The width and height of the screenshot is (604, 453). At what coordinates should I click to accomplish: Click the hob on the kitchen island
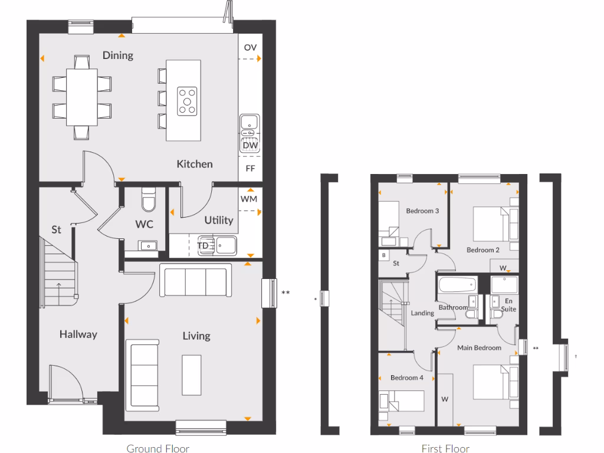pos(188,100)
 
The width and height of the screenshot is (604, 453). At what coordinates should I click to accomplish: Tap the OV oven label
pos(250,48)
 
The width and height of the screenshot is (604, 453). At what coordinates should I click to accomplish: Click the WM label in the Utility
pos(250,199)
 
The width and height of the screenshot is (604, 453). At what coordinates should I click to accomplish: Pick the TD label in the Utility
pos(203,245)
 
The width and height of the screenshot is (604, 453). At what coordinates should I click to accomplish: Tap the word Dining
pos(118,55)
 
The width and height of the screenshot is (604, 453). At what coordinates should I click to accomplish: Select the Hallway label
pos(78,334)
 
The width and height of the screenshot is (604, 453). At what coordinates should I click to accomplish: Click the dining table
pos(82,97)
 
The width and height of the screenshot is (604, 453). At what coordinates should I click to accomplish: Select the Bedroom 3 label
pos(422,211)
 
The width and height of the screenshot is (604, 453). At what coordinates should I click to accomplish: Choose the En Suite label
pos(507,304)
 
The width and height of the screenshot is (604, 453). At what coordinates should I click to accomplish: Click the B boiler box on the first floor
pos(384,255)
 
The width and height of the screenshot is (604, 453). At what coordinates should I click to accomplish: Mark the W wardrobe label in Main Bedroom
pos(445,399)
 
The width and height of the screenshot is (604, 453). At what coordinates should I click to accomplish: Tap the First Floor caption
pos(445,448)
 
